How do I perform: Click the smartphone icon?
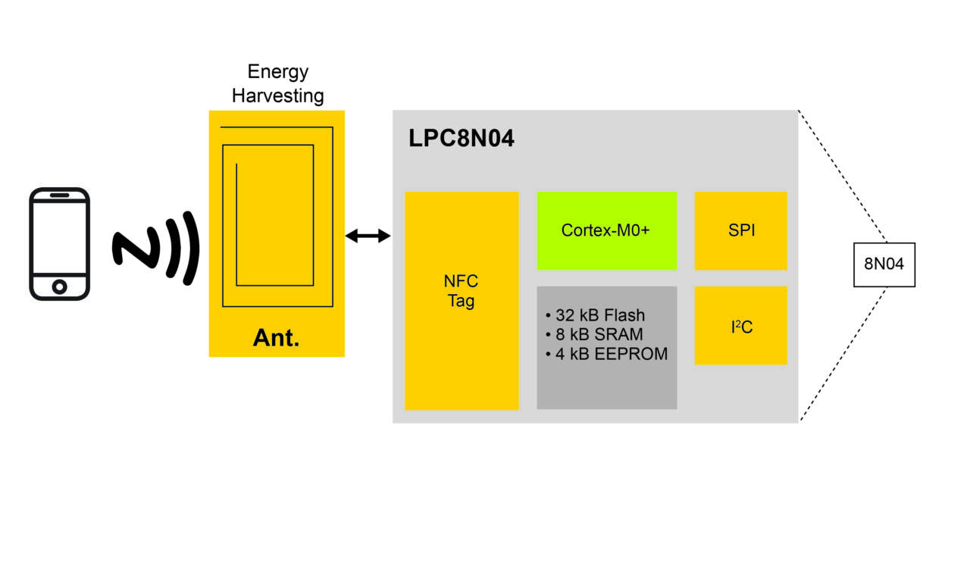tap(59, 243)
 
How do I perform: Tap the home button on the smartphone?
tap(59, 286)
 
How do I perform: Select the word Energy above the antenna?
tap(278, 72)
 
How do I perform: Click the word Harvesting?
tap(277, 96)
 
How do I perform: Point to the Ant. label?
tap(276, 338)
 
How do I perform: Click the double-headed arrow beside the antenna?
tap(368, 236)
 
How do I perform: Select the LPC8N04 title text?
tap(462, 139)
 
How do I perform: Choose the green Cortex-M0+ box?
tap(606, 230)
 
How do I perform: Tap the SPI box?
tap(740, 230)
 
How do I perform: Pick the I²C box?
tap(740, 326)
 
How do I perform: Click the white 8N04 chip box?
tap(884, 264)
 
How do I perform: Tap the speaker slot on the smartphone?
tap(59, 195)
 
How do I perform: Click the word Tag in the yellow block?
tap(461, 301)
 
